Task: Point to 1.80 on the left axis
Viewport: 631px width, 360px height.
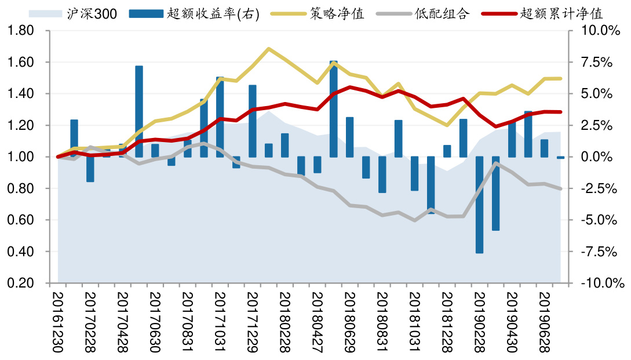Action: point(22,31)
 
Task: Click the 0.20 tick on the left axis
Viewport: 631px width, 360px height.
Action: point(22,283)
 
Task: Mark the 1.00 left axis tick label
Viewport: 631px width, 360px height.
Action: point(22,157)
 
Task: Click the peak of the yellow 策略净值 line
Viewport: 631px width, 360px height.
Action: point(268,49)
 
